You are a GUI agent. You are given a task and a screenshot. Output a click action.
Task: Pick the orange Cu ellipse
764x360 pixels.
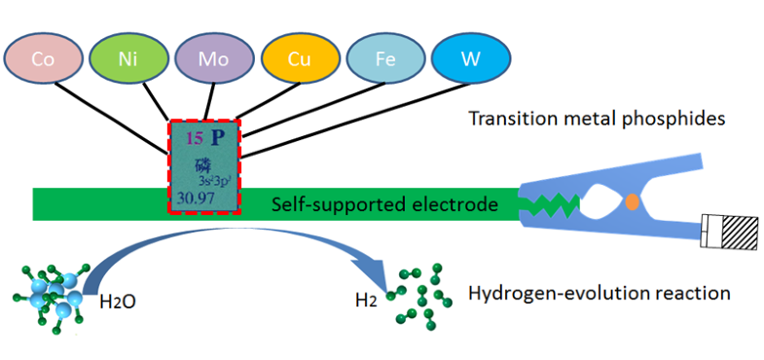coord(300,58)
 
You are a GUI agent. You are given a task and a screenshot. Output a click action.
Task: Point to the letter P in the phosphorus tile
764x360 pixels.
coord(218,138)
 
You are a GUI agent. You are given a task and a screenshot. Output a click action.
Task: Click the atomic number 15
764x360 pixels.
coord(194,138)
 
